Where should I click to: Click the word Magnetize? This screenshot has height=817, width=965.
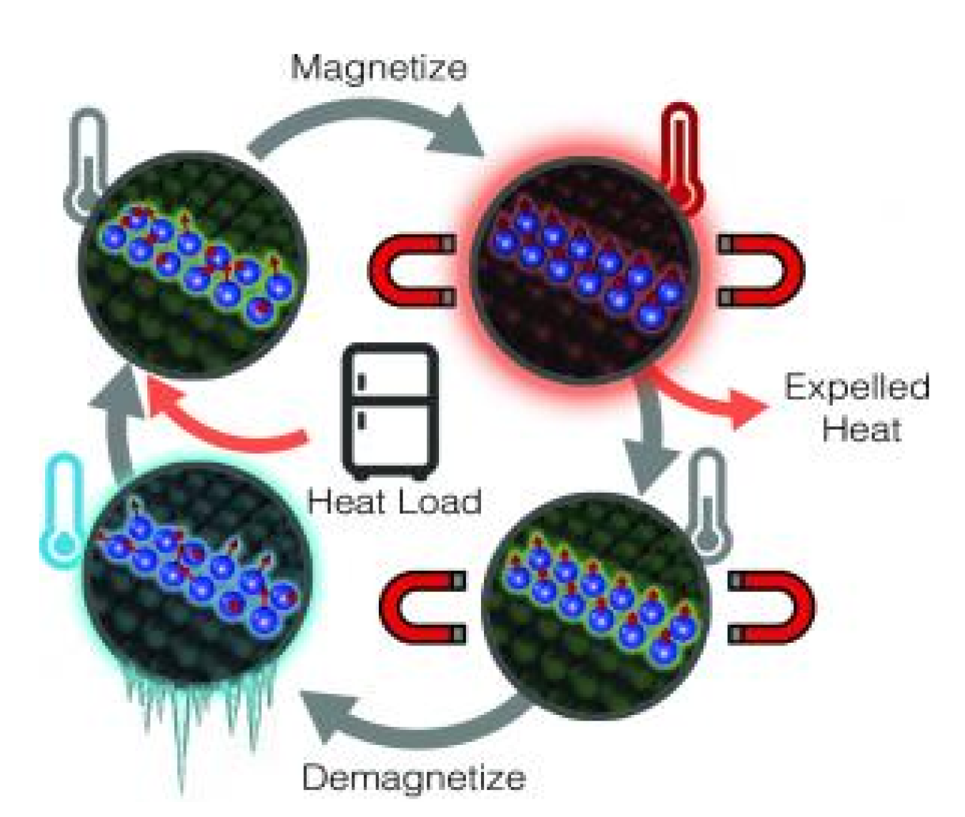379,68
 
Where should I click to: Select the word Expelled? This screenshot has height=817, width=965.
857,388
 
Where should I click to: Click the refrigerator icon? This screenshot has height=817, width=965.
390,411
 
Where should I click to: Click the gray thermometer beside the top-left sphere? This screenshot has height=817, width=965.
87,164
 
